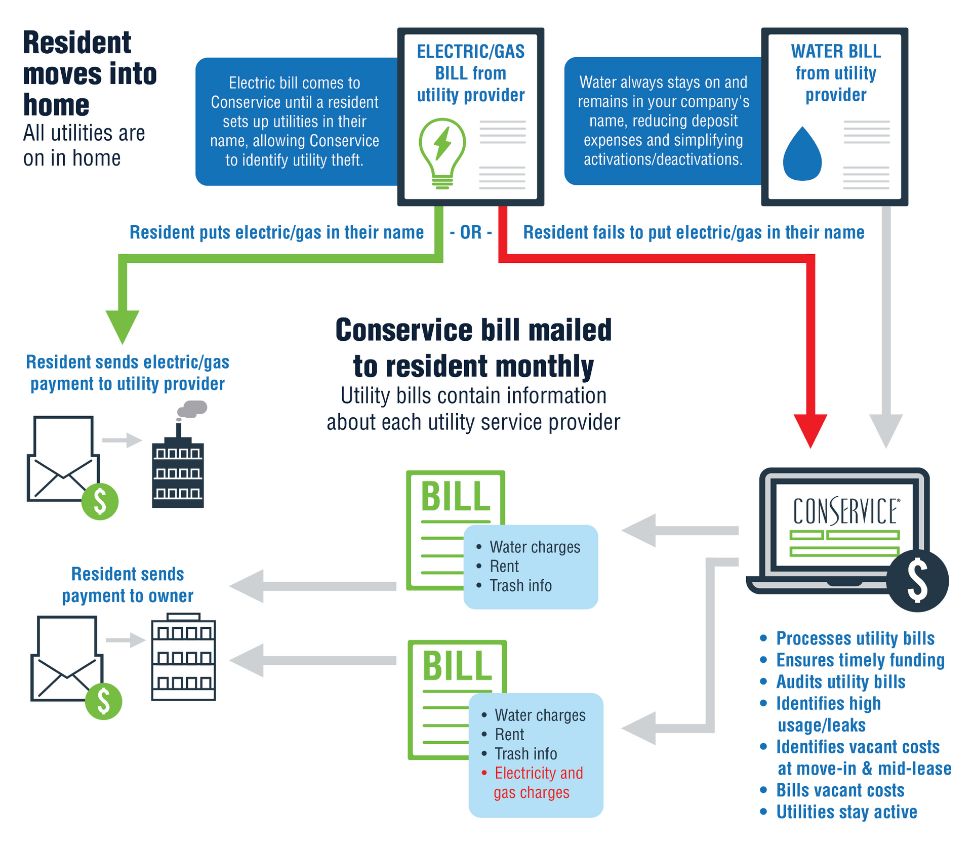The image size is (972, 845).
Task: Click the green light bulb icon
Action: pos(442,152)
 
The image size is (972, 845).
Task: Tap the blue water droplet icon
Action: pos(802,155)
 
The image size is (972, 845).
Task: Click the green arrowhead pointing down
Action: pos(123,327)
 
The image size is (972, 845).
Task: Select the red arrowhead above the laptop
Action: pos(810,430)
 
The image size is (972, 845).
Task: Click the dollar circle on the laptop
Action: pos(917,581)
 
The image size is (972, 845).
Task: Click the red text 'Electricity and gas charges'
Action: pos(538,783)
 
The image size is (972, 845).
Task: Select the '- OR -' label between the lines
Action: pos(470,232)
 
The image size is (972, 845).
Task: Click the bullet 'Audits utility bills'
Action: pos(840,682)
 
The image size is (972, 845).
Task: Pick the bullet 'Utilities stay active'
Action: pos(846,812)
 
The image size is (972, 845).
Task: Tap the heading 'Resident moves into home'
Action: pos(90,73)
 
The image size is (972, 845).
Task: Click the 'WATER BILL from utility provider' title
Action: pos(835,73)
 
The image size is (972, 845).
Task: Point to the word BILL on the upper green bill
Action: pos(456,497)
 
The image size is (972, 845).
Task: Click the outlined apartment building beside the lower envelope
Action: pos(183,658)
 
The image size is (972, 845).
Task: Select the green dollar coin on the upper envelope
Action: pos(100,501)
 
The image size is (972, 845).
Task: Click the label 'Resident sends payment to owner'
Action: pos(128,585)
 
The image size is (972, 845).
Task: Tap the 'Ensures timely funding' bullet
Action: pos(860,660)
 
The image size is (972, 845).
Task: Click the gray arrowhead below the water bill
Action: pos(886,431)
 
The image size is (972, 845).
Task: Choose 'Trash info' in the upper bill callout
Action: pos(520,586)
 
